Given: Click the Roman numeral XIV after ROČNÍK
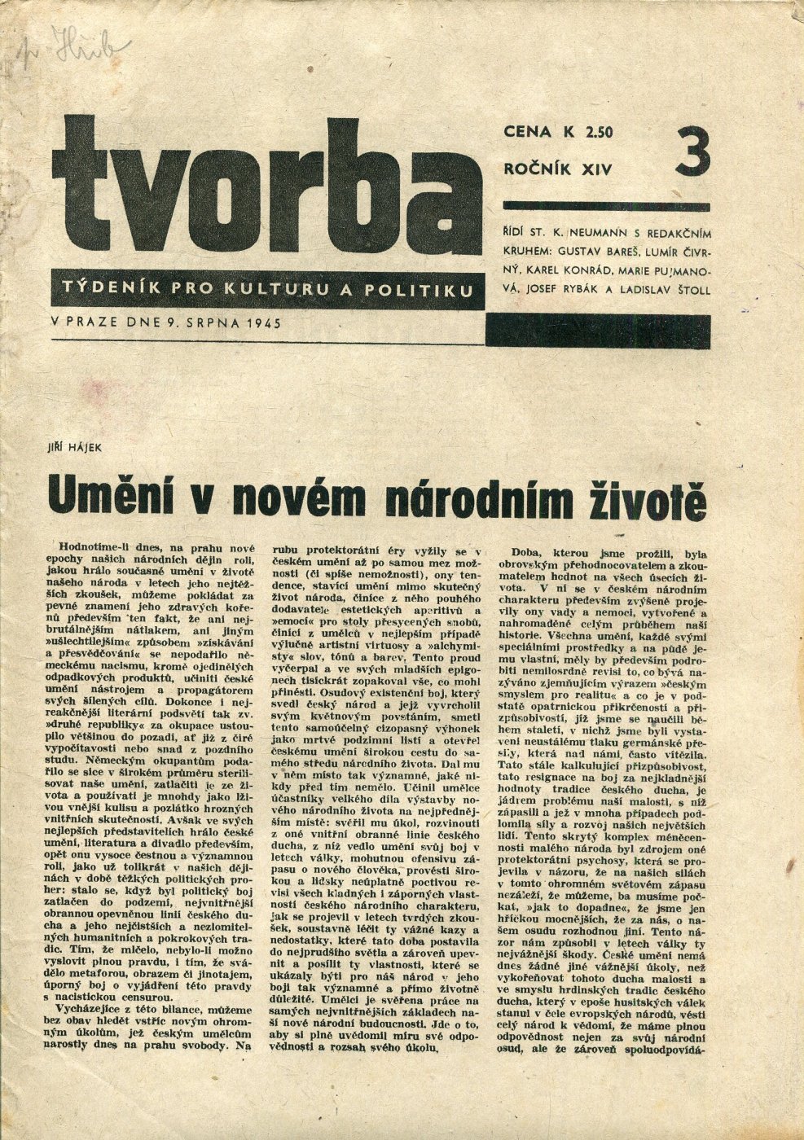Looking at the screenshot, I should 595,169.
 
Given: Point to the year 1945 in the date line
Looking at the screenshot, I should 262,322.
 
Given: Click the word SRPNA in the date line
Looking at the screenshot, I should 206,322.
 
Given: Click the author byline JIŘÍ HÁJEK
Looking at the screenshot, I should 76,443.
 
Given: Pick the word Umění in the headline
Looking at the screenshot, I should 107,495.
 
